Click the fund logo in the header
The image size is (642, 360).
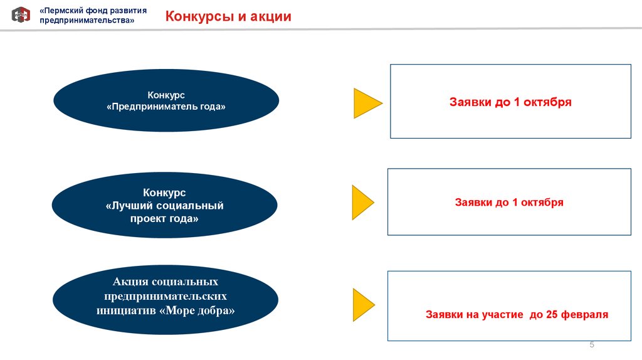pos(21,14)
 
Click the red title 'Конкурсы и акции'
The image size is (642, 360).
pos(228,16)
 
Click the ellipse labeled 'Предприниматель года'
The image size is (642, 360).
pos(166,100)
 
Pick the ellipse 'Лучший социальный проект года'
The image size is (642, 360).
pos(165,205)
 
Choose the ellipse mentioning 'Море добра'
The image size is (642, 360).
pos(166,299)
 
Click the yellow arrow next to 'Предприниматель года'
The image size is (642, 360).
pos(368,103)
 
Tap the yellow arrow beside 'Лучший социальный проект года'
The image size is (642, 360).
pos(363,203)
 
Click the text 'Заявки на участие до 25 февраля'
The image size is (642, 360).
pos(517,315)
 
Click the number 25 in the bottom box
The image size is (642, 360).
pos(552,314)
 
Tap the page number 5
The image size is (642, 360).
pos(592,344)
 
